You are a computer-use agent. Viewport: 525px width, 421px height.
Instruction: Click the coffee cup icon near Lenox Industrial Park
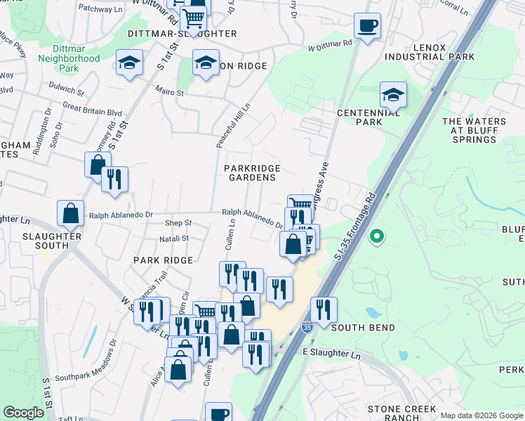coord(368,27)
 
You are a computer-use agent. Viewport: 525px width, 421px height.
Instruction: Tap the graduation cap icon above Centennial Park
coord(394,94)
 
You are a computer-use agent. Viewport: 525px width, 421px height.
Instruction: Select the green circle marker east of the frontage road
coord(377,236)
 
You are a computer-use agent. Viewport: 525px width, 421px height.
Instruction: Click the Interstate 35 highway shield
coord(307,327)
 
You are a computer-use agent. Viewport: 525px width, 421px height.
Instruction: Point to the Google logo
coord(23,413)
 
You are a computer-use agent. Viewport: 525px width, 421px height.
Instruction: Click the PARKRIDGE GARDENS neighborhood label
coord(252,173)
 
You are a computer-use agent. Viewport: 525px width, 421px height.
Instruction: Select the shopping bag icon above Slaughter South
coord(71,213)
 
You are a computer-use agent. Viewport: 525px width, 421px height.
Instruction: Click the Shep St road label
coord(178,223)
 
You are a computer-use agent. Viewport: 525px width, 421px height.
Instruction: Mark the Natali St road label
coord(175,239)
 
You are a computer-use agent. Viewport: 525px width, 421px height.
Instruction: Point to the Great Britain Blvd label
coord(92,112)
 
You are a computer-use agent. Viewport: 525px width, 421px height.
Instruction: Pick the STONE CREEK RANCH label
coord(402,413)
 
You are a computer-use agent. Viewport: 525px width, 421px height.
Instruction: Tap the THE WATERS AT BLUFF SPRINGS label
coord(474,131)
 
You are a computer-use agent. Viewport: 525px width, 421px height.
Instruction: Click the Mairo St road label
coord(170,92)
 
